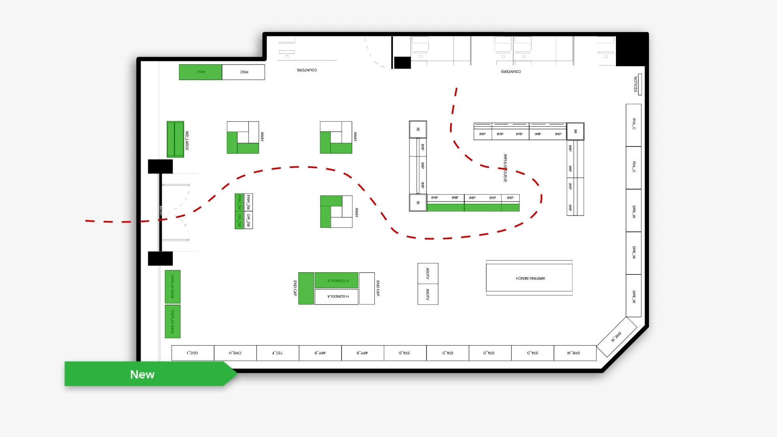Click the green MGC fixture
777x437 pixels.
(x=200, y=72)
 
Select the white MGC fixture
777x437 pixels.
(x=244, y=72)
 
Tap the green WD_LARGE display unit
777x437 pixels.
(x=175, y=139)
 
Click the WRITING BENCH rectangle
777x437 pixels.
(x=529, y=278)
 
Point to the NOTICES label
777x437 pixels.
(x=635, y=84)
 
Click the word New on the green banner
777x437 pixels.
(x=142, y=374)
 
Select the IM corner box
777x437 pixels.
(x=575, y=131)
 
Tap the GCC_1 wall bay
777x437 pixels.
(x=193, y=353)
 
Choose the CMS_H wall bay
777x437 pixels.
(x=235, y=353)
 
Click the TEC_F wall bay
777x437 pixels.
(x=278, y=353)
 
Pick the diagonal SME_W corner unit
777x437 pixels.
(x=616, y=337)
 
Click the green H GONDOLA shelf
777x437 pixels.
(x=337, y=280)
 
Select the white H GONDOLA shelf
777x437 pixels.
(x=337, y=297)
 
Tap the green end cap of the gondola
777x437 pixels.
(x=306, y=288)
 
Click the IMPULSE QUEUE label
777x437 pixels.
(x=505, y=168)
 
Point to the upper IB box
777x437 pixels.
(x=418, y=129)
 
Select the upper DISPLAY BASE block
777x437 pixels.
(x=172, y=286)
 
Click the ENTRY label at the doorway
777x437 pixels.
(x=161, y=210)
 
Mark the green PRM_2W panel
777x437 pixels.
(x=239, y=202)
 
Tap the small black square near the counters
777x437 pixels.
(x=402, y=63)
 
